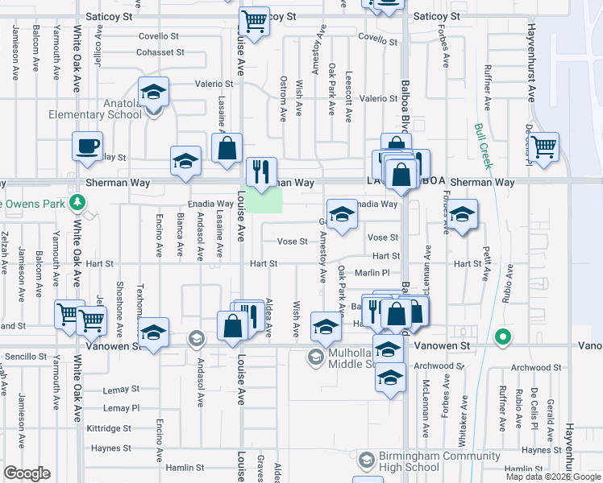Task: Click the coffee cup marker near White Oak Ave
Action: point(87,147)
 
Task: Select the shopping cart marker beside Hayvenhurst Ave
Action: point(545,147)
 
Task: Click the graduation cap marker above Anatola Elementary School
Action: point(152,93)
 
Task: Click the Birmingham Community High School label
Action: point(409,461)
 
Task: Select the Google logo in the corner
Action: point(27,473)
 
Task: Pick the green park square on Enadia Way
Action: point(264,201)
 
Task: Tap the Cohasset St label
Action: point(160,52)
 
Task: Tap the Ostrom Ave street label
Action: point(283,109)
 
